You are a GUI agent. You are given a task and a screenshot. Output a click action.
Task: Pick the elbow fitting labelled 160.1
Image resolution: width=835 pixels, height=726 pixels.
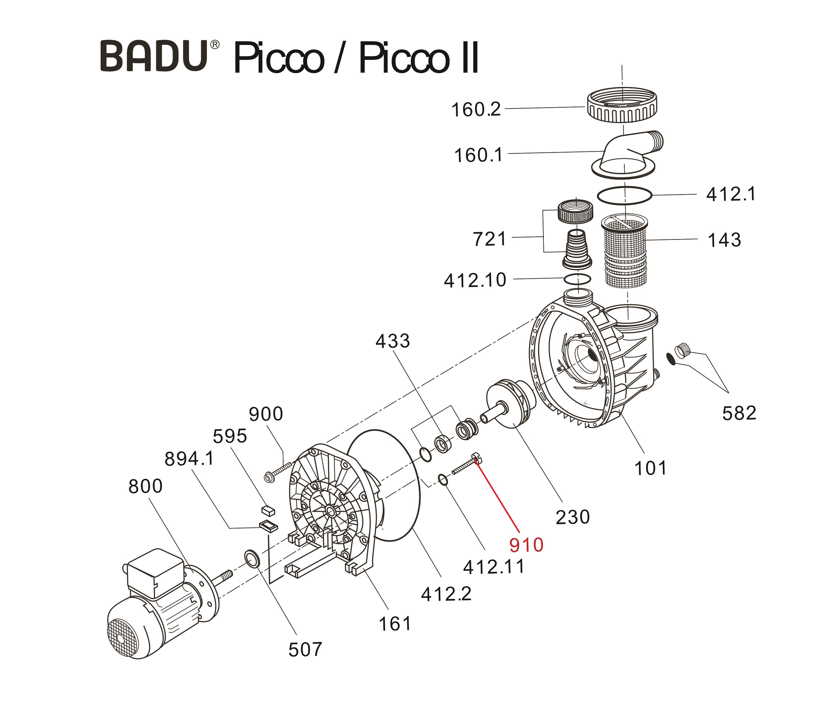coord(626,154)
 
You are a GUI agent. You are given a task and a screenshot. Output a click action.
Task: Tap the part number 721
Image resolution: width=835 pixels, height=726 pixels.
coord(490,239)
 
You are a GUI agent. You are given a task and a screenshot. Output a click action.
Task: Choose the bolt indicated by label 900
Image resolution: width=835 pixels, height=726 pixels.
coord(279,472)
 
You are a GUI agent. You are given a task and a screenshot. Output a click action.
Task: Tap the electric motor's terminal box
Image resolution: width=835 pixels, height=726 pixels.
coord(155,572)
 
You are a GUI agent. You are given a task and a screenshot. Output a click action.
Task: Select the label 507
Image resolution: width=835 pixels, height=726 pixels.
coord(305,650)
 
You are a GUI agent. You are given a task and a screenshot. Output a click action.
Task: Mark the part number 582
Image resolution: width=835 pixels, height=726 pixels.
coord(739,413)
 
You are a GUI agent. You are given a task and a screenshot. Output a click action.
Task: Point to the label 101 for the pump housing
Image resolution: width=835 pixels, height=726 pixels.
coord(650,468)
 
